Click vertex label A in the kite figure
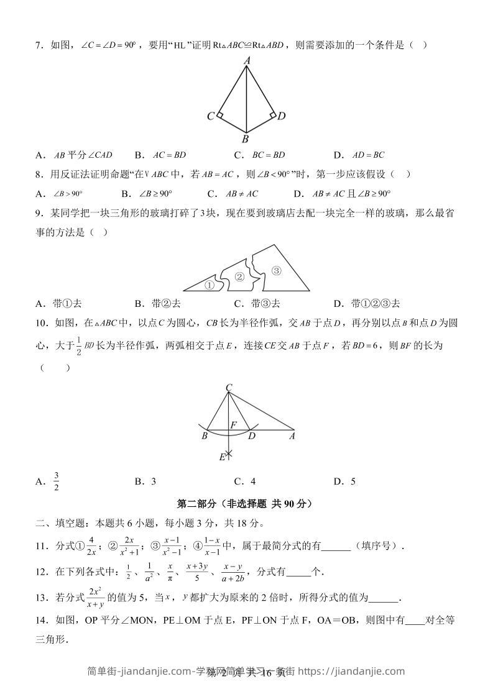click(x=247, y=60)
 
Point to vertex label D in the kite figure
click(x=281, y=116)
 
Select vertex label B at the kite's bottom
click(x=246, y=139)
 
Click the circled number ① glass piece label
click(x=210, y=286)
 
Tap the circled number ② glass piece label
click(x=239, y=276)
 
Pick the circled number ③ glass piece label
click(x=277, y=270)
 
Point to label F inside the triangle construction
click(x=234, y=425)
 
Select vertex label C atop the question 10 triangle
click(x=229, y=388)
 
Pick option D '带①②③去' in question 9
click(x=367, y=304)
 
